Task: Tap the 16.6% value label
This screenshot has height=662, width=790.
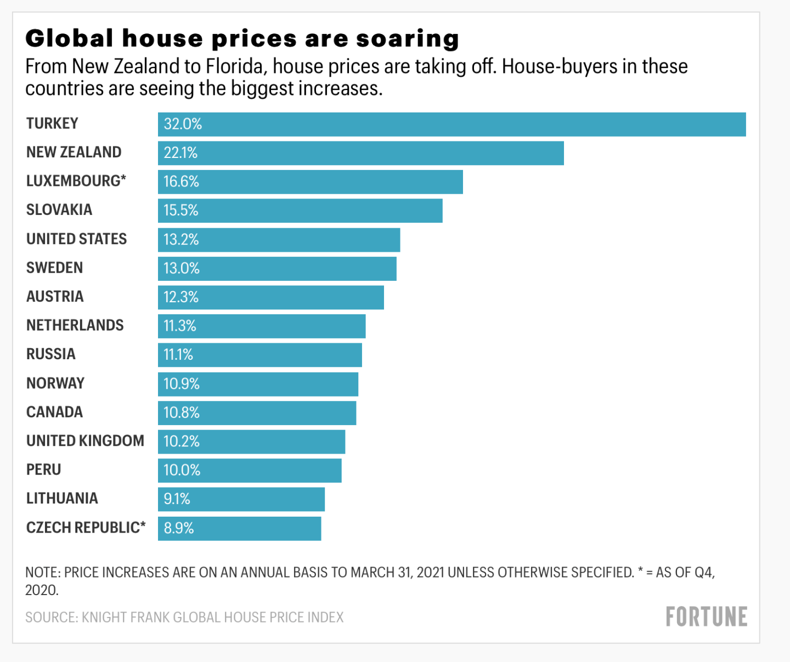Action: [181, 182]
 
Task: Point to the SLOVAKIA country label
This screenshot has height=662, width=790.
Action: [59, 210]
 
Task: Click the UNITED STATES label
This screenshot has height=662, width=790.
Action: [76, 239]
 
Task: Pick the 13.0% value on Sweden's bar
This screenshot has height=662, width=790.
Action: [182, 268]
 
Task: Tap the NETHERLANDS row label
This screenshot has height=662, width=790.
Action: [75, 325]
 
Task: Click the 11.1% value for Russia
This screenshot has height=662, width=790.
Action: [178, 355]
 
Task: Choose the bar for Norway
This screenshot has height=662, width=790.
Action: [258, 384]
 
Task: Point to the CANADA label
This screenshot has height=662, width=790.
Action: [54, 412]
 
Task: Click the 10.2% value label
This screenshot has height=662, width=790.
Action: [182, 442]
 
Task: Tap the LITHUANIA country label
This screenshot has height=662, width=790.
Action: [62, 498]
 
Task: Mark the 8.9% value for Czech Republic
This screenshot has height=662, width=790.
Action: [179, 528]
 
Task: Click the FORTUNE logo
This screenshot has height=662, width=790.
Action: [706, 617]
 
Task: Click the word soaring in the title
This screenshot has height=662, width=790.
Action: [407, 39]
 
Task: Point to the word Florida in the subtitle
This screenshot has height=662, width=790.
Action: [234, 66]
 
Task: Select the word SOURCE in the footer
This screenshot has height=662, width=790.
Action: [51, 618]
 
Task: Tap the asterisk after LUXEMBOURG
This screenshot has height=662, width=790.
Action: [123, 178]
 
